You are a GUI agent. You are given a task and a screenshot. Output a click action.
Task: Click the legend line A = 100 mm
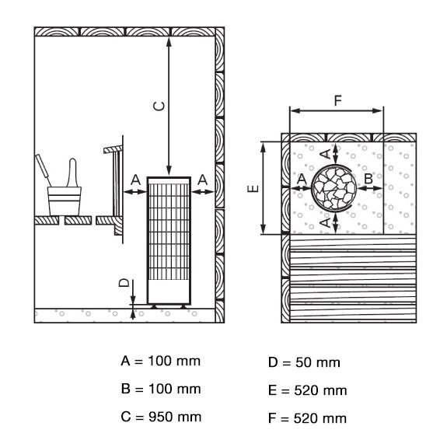pos(160,361)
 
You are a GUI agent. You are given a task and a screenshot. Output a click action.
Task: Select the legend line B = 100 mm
pos(161,389)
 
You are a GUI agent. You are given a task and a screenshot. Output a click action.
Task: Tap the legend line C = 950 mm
pos(161,417)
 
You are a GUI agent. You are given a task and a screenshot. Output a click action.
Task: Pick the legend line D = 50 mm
pos(304,362)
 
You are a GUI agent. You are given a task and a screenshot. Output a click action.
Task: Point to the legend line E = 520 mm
pos(308,390)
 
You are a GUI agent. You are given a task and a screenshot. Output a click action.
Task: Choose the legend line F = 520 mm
pos(307,418)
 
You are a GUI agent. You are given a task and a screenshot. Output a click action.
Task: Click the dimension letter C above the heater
pos(159,107)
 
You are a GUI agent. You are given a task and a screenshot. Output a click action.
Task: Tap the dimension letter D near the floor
pos(124,283)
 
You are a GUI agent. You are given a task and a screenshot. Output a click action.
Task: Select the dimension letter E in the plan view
pos(253,188)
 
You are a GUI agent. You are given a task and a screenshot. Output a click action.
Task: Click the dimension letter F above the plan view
pos(338,100)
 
